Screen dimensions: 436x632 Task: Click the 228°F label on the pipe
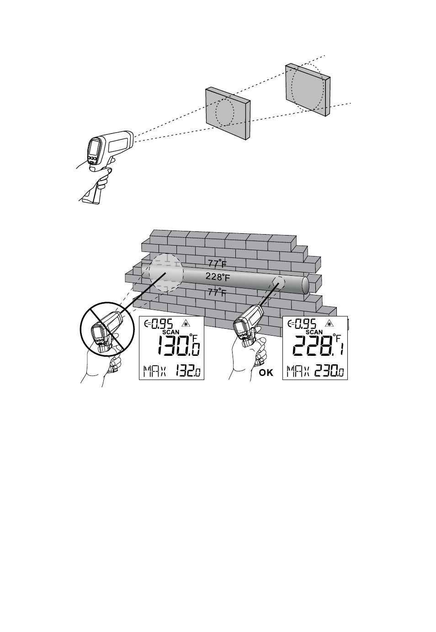click(218, 277)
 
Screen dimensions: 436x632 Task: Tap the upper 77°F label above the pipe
click(217, 263)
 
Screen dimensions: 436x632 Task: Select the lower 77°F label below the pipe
click(217, 292)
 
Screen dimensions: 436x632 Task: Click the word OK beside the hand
click(266, 373)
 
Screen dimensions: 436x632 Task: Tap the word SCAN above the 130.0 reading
click(171, 332)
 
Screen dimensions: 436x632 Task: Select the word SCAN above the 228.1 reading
click(314, 332)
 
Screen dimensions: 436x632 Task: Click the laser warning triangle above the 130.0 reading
click(185, 323)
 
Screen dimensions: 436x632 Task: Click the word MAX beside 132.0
click(154, 371)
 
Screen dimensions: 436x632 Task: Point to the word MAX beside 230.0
click(298, 371)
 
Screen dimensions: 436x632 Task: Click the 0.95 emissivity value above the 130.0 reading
click(162, 324)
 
